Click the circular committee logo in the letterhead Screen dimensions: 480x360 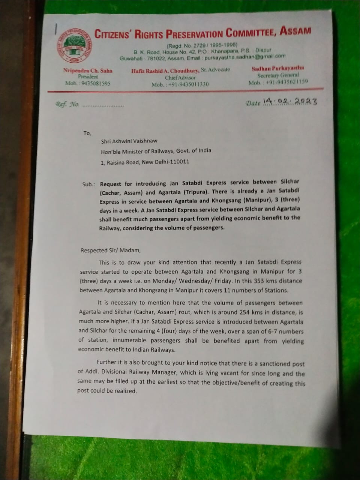tap(75, 46)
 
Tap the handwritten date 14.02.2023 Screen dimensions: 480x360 tap(290, 101)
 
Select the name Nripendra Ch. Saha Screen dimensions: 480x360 tap(88, 70)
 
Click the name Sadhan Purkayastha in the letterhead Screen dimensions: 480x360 tap(278, 68)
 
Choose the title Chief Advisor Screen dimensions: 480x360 tap(180, 77)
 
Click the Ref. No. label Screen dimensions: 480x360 tap(67, 105)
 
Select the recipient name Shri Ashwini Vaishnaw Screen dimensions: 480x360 tap(129, 141)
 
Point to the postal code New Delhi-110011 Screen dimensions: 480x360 tap(165, 162)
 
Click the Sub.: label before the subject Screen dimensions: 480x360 tap(88, 184)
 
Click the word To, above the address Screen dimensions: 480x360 tap(87, 133)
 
